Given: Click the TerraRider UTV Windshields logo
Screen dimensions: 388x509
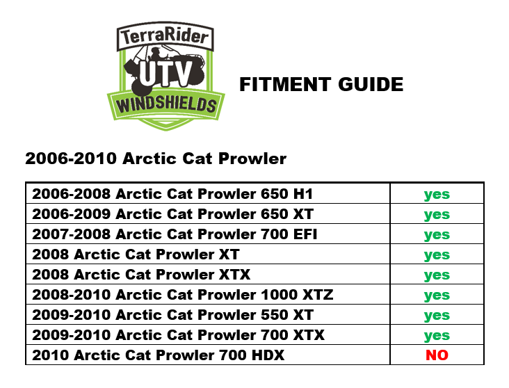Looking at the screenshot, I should pos(165,76).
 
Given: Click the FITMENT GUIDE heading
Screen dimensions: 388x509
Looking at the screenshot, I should pos(321,85).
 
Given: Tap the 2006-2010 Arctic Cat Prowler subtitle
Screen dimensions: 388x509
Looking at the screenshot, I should pos(156,159).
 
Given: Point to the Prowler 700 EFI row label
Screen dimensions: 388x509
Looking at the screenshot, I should pos(175,234).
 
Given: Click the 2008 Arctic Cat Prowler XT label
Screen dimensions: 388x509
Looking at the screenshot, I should pos(136,254).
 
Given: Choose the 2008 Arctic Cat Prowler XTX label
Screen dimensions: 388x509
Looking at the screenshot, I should pos(141,275).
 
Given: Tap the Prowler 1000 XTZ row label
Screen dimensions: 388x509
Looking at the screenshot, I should pos(183,295).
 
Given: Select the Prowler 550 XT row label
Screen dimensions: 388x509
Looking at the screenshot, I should pos(172,315).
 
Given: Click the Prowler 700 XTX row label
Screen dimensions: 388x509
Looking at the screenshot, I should pos(178,335).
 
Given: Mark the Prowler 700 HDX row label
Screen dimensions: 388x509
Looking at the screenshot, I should pos(158,355).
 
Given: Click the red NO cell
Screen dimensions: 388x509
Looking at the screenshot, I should pos(437,355).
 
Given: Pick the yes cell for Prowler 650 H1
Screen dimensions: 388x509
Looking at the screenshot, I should pos(437,195).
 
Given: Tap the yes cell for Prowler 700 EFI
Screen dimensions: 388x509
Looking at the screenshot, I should pos(437,235).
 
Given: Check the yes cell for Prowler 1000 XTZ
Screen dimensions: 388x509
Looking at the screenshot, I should pos(437,296).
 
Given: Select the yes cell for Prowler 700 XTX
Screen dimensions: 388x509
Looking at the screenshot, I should pos(437,336).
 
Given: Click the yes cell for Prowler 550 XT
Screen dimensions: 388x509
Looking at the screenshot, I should pos(437,316).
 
